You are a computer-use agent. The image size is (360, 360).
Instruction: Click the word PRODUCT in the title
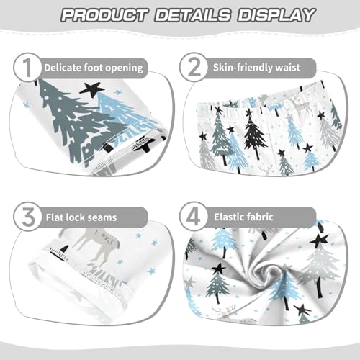pos(101,14)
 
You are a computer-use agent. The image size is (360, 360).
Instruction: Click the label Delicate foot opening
pos(93,68)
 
